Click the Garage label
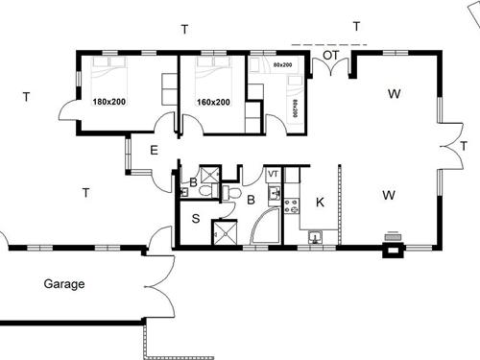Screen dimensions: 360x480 pyautogui.click(x=64, y=284)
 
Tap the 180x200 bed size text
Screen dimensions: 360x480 pyautogui.click(x=108, y=101)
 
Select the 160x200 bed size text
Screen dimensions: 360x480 pyautogui.click(x=213, y=101)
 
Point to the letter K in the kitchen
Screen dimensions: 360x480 pyautogui.click(x=320, y=202)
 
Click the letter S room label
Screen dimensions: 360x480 pyautogui.click(x=195, y=219)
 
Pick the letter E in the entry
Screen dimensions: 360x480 pyautogui.click(x=154, y=150)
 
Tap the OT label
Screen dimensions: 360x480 pyautogui.click(x=329, y=56)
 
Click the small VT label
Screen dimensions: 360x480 pyautogui.click(x=273, y=174)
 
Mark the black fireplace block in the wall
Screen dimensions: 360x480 pyautogui.click(x=393, y=252)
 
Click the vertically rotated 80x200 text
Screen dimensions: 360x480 pyautogui.click(x=295, y=108)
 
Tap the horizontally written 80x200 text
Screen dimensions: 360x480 pyautogui.click(x=282, y=64)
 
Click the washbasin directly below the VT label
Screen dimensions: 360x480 pyautogui.click(x=274, y=193)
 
